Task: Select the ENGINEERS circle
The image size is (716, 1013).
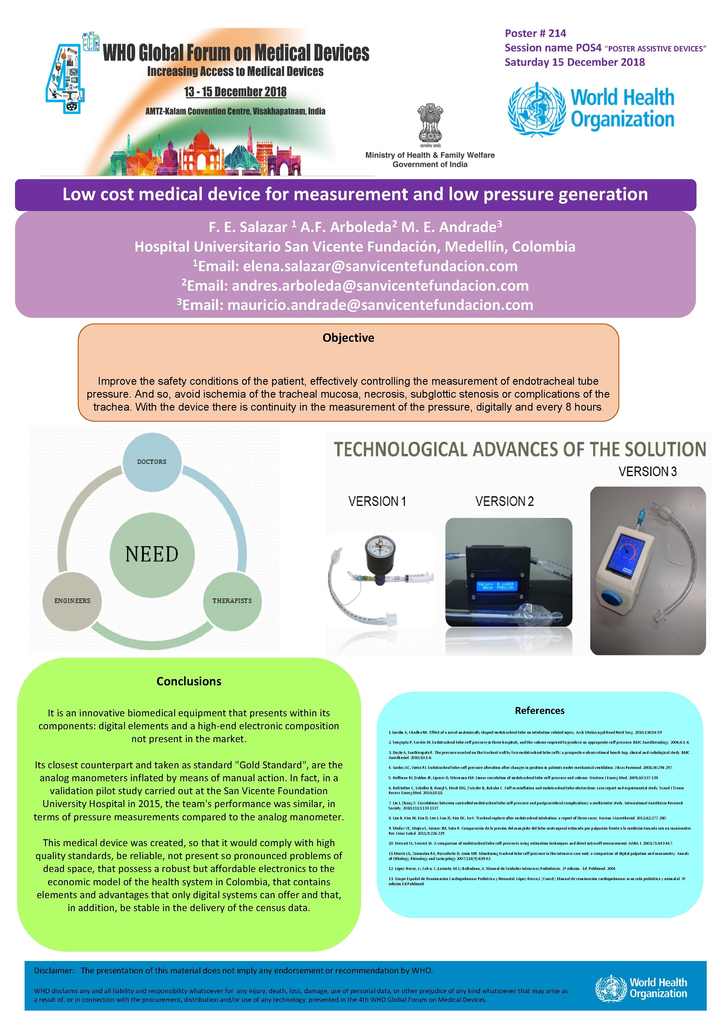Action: [72, 601]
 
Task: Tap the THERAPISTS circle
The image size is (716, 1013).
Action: [232, 601]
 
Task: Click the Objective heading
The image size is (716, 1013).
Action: [348, 338]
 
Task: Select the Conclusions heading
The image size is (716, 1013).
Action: [189, 681]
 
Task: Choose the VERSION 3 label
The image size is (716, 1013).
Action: [647, 472]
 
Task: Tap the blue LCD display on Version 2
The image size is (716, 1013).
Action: [496, 586]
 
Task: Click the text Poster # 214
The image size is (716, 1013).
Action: [535, 34]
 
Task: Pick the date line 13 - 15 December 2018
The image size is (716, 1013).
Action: [235, 92]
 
